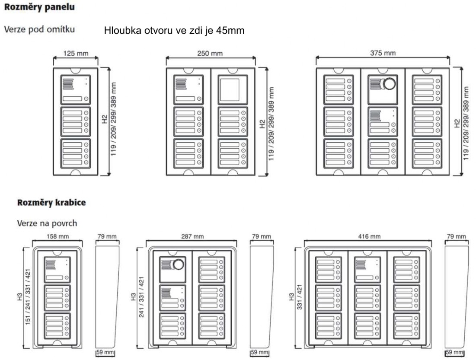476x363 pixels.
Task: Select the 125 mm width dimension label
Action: point(76,54)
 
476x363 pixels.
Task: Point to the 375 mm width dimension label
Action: point(383,54)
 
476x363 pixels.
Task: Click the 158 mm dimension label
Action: point(57,237)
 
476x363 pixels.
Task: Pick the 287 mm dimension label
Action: point(192,237)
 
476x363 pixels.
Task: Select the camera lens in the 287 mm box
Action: point(178,265)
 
